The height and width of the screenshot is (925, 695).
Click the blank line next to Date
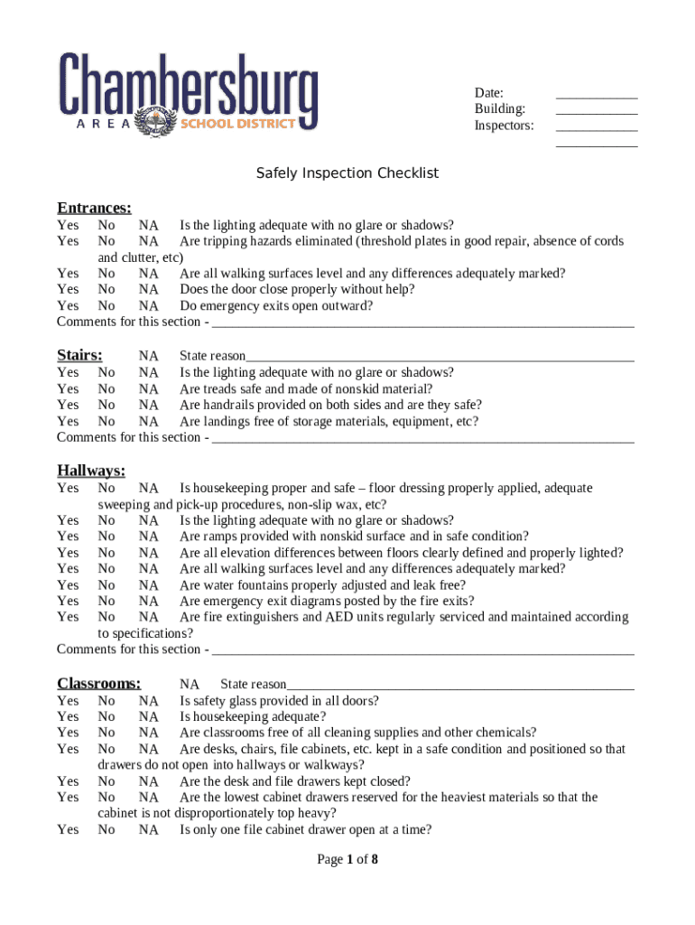(x=597, y=94)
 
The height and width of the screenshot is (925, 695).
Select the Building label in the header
(x=500, y=109)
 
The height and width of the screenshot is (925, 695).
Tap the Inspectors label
(x=504, y=126)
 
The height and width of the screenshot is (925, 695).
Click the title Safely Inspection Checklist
(x=347, y=173)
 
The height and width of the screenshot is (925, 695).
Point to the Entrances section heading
(x=94, y=208)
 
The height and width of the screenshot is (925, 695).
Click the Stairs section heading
(x=79, y=355)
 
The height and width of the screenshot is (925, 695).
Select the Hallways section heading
(x=91, y=470)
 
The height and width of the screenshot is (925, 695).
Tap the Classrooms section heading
(x=98, y=683)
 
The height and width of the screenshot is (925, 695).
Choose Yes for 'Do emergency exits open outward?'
(x=68, y=305)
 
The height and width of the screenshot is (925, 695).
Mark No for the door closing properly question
(x=107, y=289)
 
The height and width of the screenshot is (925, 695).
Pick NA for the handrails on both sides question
(x=149, y=405)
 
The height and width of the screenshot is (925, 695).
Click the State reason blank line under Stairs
(x=440, y=357)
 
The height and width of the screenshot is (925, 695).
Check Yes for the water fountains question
(x=68, y=585)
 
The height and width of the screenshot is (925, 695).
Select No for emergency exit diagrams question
(x=107, y=601)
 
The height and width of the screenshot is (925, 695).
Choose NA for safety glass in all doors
(x=149, y=701)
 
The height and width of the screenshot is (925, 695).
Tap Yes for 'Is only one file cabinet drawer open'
(x=68, y=829)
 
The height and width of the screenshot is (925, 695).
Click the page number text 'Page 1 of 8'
(x=347, y=859)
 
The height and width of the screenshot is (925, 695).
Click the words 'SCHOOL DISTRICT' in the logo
(x=238, y=123)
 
